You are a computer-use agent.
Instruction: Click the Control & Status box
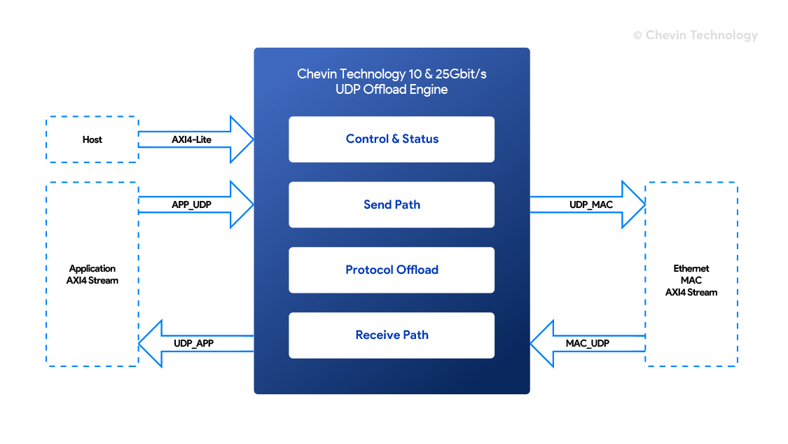click(x=392, y=139)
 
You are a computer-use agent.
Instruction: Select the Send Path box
click(x=392, y=204)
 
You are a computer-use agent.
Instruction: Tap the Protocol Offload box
click(x=392, y=270)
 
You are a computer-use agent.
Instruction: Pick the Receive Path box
click(x=392, y=335)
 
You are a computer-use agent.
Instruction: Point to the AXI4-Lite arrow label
click(x=191, y=139)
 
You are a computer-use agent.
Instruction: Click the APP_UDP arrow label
click(x=191, y=205)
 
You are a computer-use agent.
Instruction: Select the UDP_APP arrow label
click(x=193, y=344)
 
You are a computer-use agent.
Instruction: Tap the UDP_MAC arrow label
click(x=591, y=205)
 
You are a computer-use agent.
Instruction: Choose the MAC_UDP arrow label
click(x=588, y=344)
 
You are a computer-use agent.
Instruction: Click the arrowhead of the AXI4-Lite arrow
click(x=242, y=139)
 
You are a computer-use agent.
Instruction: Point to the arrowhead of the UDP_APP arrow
click(x=151, y=344)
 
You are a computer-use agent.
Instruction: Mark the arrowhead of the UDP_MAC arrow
click(x=634, y=204)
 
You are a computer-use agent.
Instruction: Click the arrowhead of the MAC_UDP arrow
click(x=542, y=344)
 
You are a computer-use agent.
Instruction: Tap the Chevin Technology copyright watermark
click(x=696, y=35)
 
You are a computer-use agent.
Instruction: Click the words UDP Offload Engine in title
click(x=392, y=90)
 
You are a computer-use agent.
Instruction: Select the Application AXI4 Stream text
click(x=92, y=275)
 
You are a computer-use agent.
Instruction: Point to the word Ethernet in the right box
click(x=691, y=269)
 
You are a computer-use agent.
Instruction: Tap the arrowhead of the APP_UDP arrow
click(x=242, y=204)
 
